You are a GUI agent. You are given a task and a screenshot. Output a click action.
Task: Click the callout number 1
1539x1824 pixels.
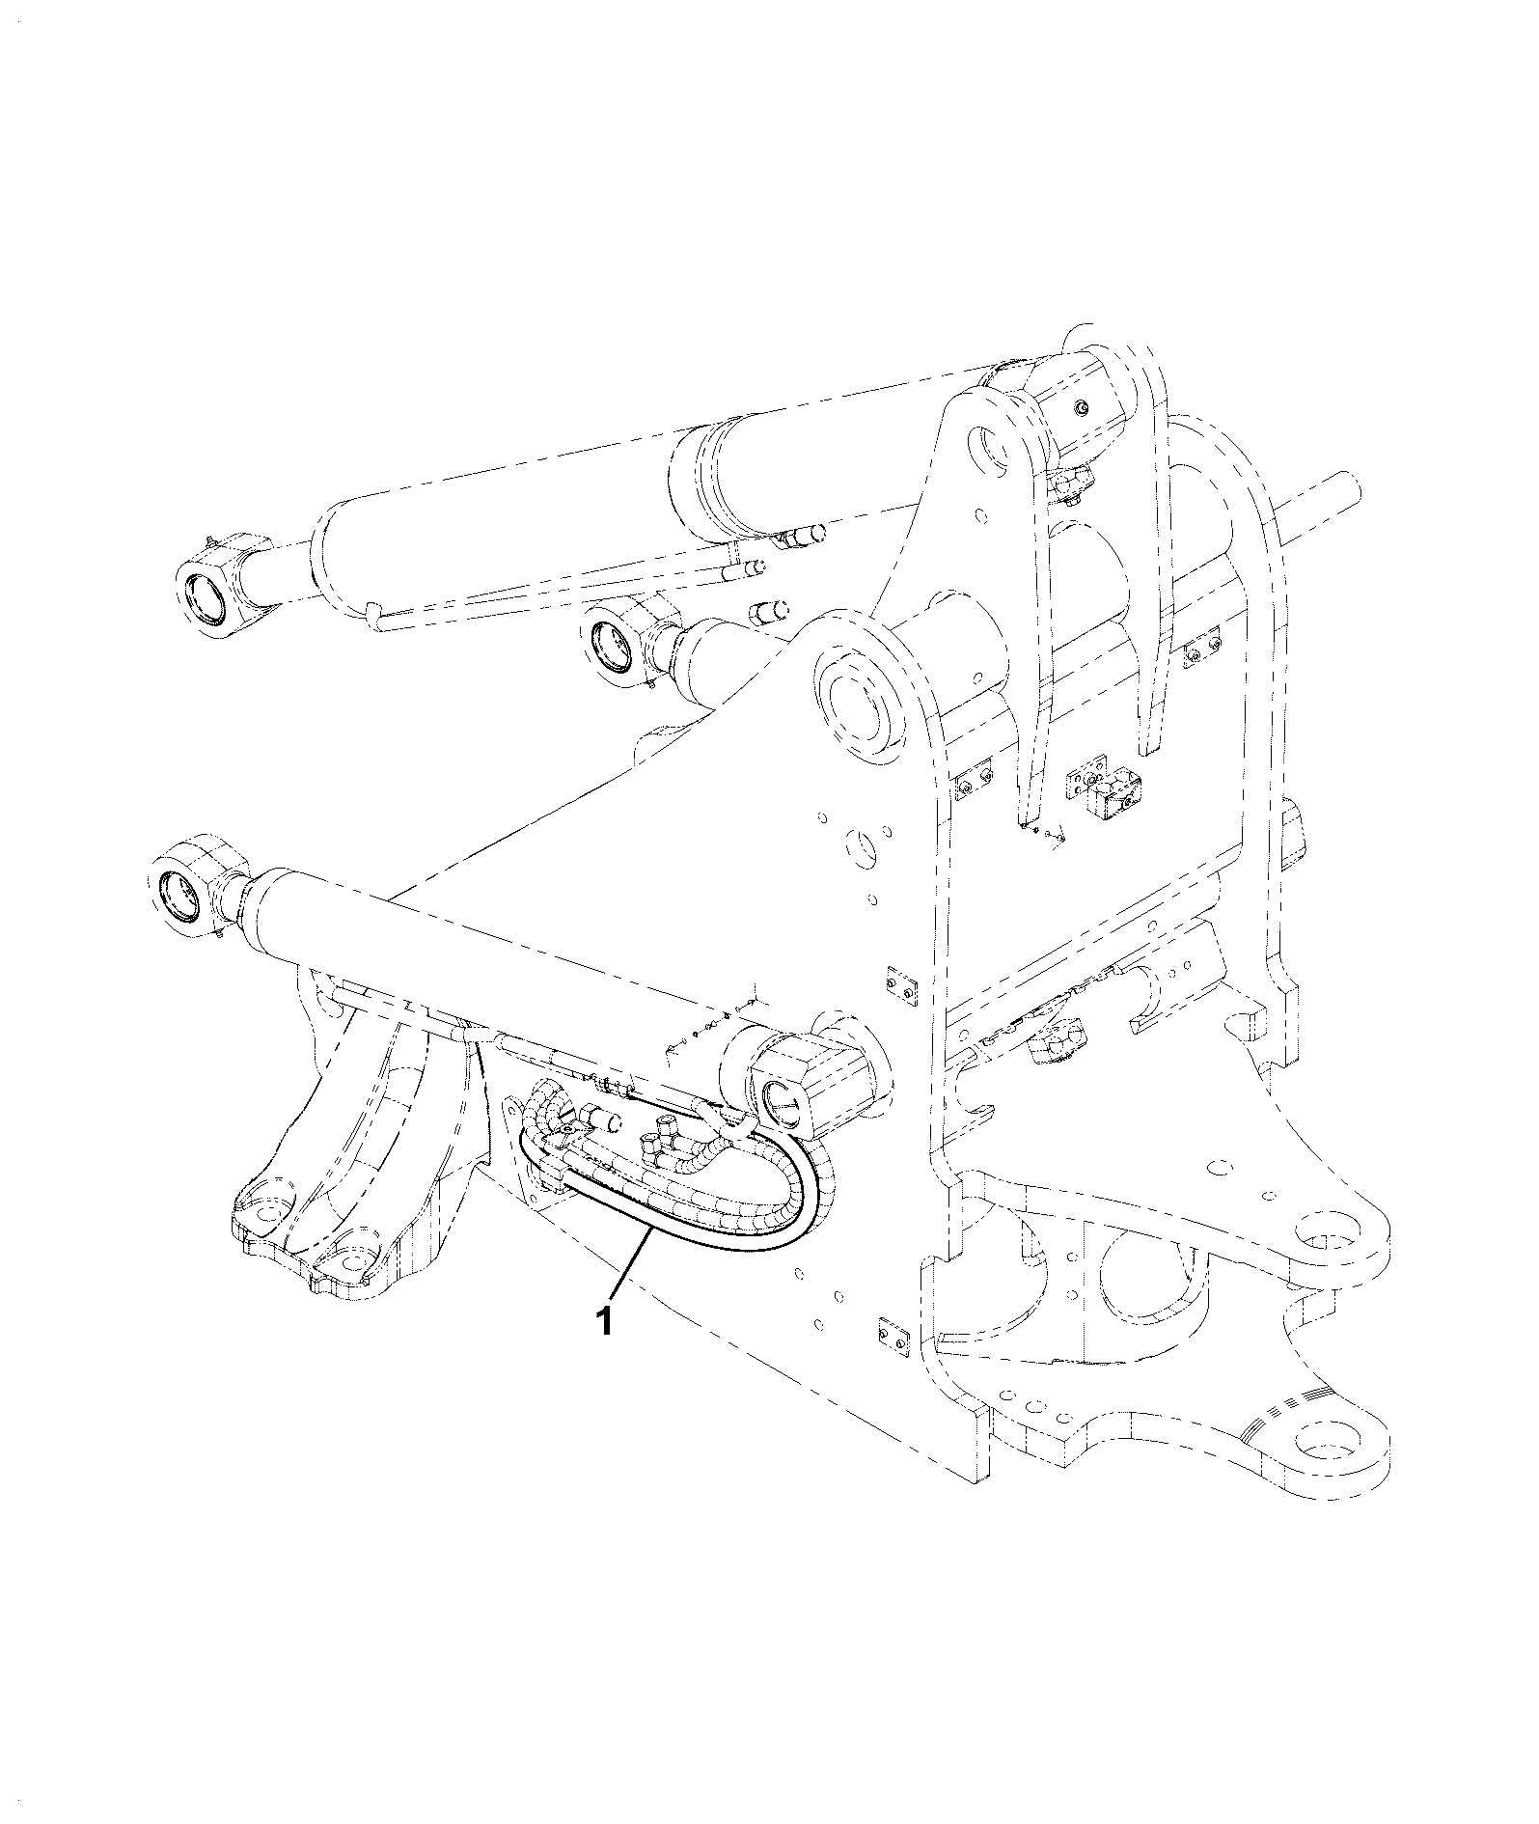click(605, 1320)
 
